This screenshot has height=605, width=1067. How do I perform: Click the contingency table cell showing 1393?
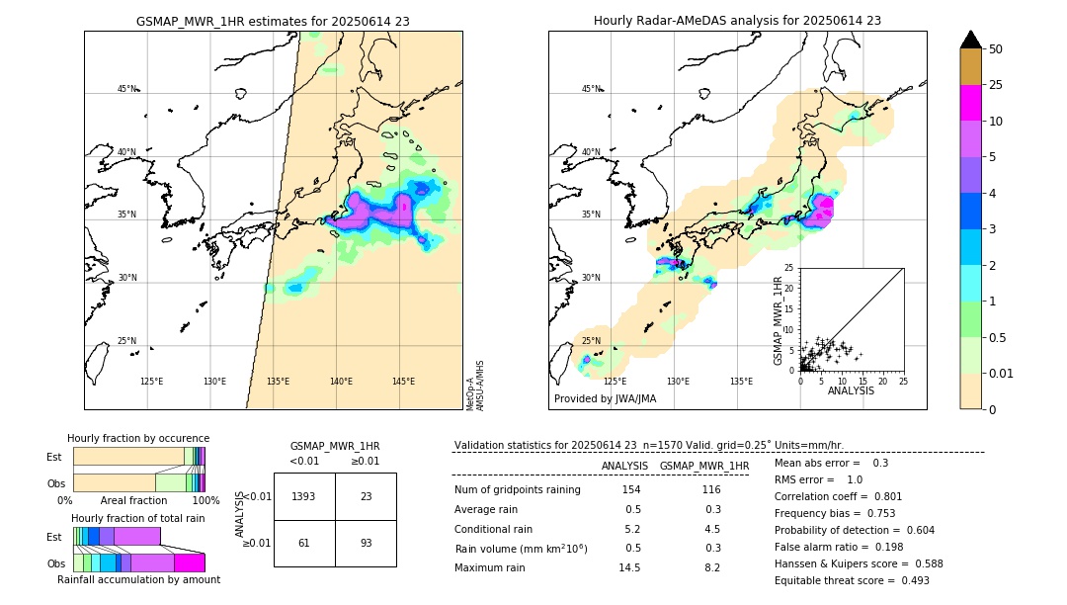coord(304,496)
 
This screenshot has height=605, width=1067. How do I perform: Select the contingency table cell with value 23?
coord(366,496)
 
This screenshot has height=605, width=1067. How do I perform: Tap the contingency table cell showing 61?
coord(304,543)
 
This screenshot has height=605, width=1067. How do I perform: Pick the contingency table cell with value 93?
coord(366,543)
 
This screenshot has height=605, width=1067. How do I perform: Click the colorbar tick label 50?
coord(996,49)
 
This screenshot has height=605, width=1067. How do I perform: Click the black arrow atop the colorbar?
coord(971,40)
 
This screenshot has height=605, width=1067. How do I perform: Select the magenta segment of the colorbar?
coord(971,103)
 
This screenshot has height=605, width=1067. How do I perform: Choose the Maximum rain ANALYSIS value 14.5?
coord(630,567)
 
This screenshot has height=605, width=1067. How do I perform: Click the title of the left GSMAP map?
coord(273,21)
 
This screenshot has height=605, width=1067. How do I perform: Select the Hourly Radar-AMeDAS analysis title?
coord(737,21)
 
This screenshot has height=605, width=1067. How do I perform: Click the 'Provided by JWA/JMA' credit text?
coord(605,399)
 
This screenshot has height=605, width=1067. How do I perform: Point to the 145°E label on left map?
coord(403,382)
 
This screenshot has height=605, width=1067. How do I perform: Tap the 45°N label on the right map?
coord(590,89)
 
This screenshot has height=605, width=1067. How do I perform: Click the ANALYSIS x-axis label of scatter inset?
coord(850,390)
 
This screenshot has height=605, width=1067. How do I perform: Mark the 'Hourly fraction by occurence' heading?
coord(138,438)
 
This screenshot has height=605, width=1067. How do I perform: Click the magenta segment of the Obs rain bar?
coord(190,562)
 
